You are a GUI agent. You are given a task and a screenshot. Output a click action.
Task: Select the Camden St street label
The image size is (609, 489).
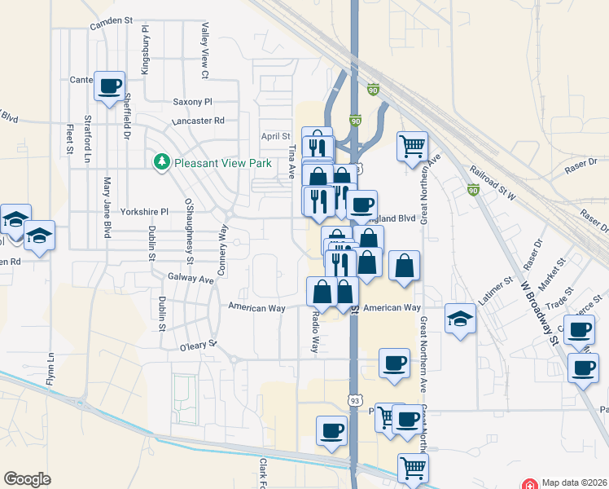coord(111,19)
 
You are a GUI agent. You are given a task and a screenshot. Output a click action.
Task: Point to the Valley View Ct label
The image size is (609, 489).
coord(205,51)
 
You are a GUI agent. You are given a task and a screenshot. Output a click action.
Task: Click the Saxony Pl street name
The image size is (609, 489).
coord(192,102)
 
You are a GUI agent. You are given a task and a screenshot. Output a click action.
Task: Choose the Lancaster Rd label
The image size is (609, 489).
coord(198,121)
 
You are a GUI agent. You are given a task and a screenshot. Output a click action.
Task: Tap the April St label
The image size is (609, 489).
coord(275,136)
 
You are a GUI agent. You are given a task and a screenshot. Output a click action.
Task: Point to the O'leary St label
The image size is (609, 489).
coord(199,346)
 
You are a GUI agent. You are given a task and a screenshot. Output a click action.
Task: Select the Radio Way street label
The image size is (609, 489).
coord(315,333)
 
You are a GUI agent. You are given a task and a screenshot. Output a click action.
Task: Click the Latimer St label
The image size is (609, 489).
coord(496,291)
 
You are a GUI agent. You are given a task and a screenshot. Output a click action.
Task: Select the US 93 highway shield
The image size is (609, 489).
coord(354,400)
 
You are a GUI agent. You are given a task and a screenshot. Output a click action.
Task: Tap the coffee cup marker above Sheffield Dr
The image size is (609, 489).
coord(109,86)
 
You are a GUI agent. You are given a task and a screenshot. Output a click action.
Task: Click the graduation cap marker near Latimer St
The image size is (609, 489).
coord(460,318)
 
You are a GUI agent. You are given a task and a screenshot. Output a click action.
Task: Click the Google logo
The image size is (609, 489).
coord(27,479)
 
